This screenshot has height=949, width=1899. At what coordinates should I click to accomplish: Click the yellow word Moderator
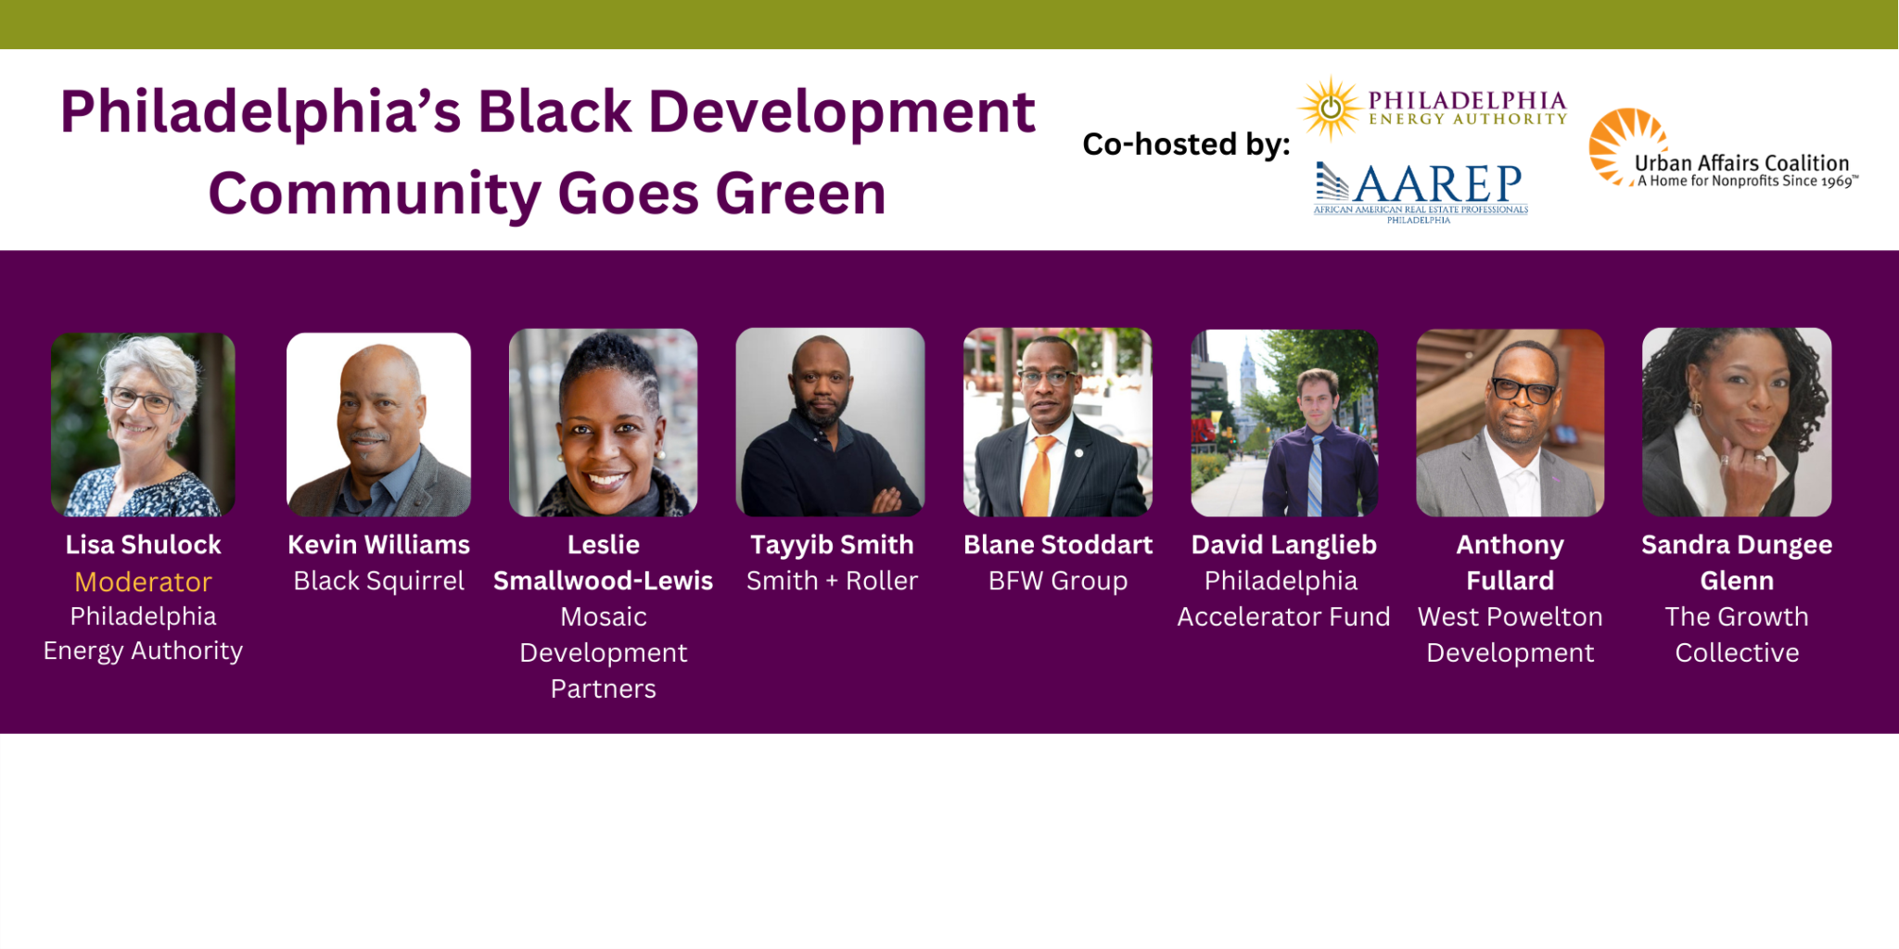point(143,582)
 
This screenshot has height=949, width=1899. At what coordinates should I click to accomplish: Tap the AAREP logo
point(1421,189)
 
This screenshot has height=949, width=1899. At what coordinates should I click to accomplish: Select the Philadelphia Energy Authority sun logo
point(1331,108)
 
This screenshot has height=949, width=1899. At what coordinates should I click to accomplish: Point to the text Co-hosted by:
point(1186,145)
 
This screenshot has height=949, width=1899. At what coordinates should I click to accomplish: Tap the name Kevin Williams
point(378,545)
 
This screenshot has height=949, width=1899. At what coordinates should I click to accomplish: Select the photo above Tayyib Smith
point(830,422)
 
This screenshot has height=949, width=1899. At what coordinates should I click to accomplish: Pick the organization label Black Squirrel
point(378,581)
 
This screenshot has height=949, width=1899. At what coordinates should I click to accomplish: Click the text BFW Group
point(1058,581)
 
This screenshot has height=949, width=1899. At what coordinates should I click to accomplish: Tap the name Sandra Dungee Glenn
point(1736,562)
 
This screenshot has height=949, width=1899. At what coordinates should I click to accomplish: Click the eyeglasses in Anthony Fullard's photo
point(1523,389)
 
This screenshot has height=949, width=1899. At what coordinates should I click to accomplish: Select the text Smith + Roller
point(832,581)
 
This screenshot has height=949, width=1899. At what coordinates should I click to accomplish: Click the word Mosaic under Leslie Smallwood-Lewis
point(603,617)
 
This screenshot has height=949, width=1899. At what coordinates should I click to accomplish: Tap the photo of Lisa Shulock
point(143,424)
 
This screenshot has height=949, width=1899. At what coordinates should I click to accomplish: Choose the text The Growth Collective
point(1736,635)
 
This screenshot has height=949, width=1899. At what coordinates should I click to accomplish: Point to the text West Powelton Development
point(1510,635)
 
